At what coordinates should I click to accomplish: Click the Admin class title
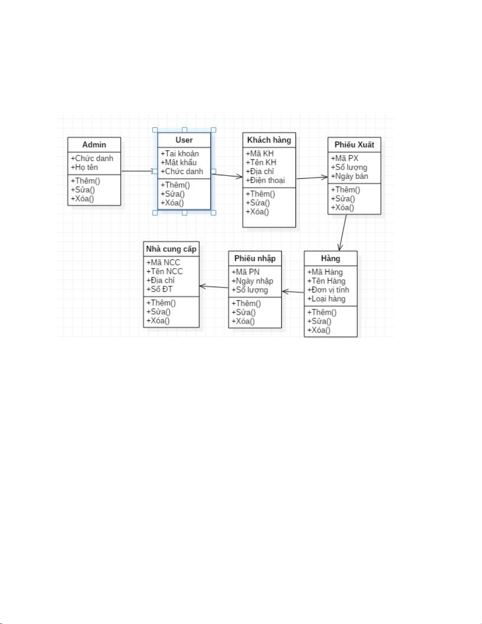94,145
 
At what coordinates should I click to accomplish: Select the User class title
184,140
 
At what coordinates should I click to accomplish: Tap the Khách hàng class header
269,140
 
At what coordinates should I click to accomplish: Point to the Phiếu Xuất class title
354,145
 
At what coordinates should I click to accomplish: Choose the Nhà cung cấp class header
171,249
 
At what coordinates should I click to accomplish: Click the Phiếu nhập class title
255,259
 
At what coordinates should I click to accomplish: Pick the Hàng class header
331,259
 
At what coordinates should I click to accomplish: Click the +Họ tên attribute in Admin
85,167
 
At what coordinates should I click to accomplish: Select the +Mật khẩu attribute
179,163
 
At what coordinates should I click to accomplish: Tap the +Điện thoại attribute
265,181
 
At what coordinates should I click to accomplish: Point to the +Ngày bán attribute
349,176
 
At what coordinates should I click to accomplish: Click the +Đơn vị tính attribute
328,290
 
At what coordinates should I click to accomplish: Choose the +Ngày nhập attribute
252,281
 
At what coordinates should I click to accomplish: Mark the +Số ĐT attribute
159,289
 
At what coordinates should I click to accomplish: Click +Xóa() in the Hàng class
319,330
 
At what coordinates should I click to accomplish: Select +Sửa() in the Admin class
83,190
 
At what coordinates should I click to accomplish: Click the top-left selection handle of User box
155,130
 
